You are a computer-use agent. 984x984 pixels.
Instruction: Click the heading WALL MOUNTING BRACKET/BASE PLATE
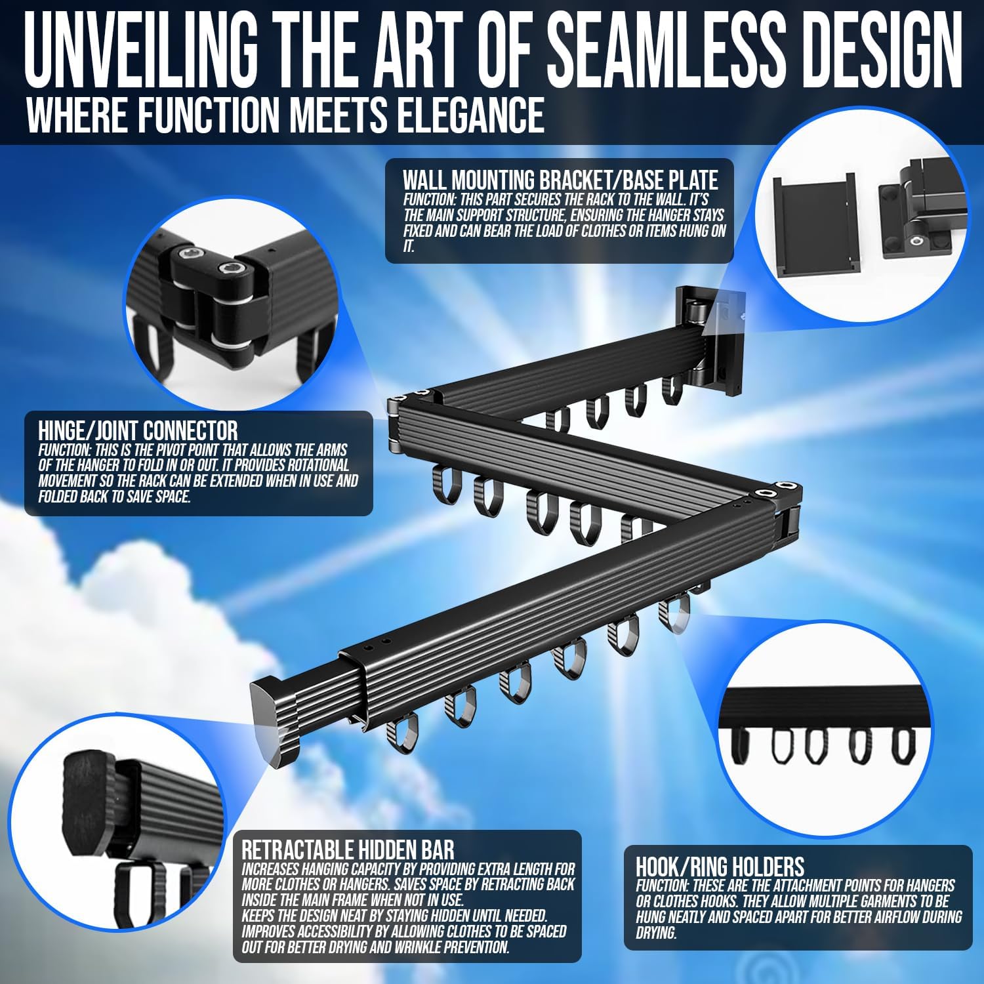561,179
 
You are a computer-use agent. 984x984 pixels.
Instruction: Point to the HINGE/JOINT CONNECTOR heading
138,430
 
